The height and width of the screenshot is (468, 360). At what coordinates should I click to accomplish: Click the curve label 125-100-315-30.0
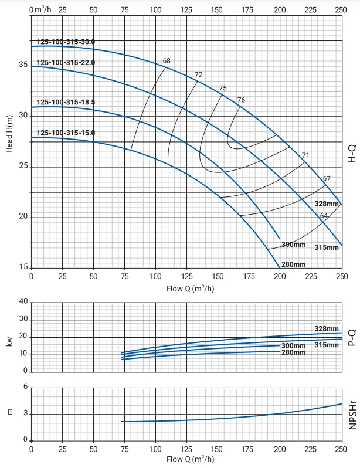[66, 42]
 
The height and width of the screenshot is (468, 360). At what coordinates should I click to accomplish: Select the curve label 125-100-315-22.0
[66, 63]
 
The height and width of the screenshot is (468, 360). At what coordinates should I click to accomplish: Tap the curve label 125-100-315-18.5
[66, 102]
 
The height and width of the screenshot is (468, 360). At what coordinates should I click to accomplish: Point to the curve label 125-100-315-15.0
[66, 133]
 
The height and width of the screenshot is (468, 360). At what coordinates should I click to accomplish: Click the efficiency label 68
[167, 60]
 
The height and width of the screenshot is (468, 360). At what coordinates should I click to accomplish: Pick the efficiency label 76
[241, 100]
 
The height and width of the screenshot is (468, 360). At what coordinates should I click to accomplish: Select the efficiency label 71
[305, 155]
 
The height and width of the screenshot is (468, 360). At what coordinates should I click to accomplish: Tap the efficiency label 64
[324, 215]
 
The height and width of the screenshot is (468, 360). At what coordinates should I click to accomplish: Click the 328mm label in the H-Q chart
[327, 204]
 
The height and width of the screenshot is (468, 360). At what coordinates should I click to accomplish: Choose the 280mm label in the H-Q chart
[293, 264]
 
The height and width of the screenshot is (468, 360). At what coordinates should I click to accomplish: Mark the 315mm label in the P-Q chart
[327, 345]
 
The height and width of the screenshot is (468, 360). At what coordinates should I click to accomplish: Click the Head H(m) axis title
[9, 134]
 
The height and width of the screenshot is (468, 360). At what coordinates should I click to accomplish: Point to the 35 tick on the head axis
[23, 65]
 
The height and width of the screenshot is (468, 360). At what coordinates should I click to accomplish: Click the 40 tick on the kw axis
[23, 301]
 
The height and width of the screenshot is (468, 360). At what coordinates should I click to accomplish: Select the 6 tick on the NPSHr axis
[25, 387]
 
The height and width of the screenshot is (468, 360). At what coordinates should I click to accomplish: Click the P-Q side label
[352, 338]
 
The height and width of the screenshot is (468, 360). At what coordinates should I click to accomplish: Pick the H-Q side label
[352, 154]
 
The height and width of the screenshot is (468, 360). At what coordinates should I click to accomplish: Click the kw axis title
[9, 341]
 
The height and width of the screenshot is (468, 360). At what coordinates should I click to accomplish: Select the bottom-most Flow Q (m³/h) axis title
[190, 459]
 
